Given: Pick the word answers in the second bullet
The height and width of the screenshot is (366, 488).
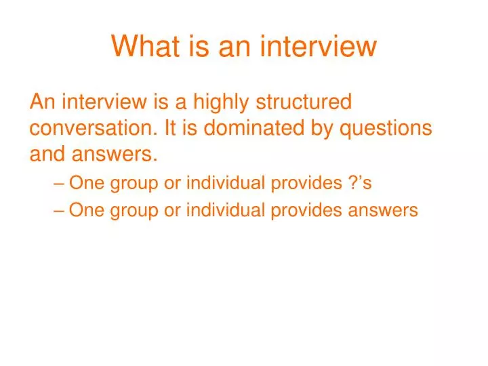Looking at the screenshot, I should (x=383, y=211).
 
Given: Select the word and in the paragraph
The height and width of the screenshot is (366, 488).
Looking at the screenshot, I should (x=45, y=155).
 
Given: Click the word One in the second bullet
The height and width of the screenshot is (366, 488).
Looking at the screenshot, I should (x=84, y=210).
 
